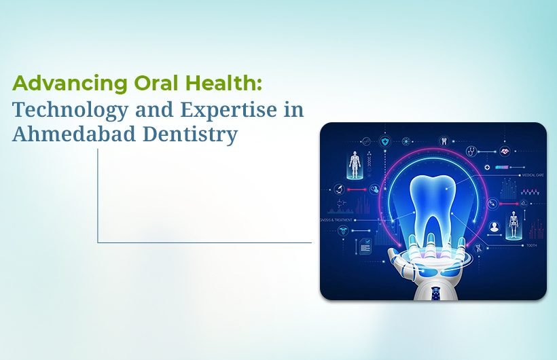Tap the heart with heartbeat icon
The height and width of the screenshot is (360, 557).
click(505, 151)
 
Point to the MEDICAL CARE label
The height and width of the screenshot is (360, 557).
click(531, 175)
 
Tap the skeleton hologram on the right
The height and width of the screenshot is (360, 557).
click(514, 223)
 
